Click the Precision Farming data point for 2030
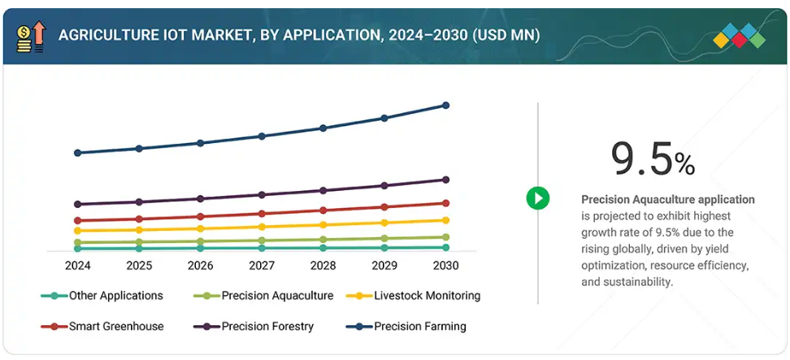click(445, 106)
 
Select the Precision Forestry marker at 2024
click(78, 204)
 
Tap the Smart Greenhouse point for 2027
click(262, 214)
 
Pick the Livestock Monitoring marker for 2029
click(384, 223)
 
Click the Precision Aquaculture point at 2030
click(445, 237)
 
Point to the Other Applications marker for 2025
click(139, 248)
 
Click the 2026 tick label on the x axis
click(200, 266)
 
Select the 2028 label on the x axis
click(323, 266)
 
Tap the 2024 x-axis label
click(77, 266)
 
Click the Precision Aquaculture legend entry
click(277, 296)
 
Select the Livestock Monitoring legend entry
click(425, 296)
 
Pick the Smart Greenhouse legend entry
click(116, 327)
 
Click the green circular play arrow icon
click(538, 197)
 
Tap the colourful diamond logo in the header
click(739, 36)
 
